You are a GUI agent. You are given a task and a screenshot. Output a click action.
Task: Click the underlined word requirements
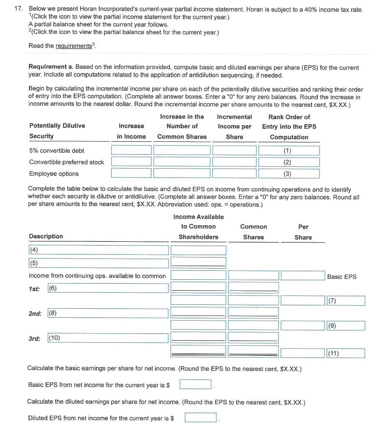(x=73, y=46)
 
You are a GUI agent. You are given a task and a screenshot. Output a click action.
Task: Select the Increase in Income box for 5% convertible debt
(x=131, y=150)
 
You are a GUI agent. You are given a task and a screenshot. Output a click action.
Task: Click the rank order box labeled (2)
(x=289, y=162)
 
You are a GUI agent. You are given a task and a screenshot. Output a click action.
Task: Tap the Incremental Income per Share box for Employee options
(x=234, y=173)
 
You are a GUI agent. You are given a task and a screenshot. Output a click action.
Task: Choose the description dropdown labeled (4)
(x=98, y=250)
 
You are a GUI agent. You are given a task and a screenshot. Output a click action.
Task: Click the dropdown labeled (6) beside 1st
(x=108, y=288)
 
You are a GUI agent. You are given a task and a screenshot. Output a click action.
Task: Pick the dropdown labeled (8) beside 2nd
(x=108, y=313)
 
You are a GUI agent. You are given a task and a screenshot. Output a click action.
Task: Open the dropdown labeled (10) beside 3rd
(x=108, y=338)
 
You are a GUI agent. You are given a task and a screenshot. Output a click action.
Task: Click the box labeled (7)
(x=346, y=301)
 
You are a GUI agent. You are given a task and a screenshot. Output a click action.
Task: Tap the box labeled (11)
(x=346, y=353)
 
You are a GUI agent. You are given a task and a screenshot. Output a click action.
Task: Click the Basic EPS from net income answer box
(x=196, y=384)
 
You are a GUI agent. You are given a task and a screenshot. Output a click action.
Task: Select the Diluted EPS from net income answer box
(x=200, y=418)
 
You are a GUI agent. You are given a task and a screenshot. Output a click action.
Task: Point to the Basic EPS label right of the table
(x=342, y=277)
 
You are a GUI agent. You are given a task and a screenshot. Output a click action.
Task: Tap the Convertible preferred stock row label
(x=66, y=162)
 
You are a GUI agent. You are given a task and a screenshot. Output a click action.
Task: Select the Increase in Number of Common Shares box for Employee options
(x=182, y=173)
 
